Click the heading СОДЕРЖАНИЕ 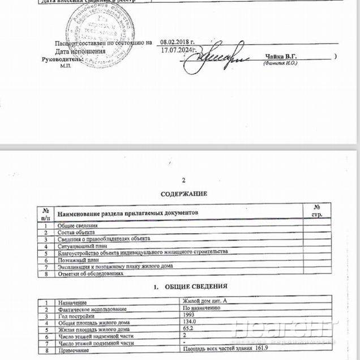point(183,194)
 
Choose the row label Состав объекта point(76,232)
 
